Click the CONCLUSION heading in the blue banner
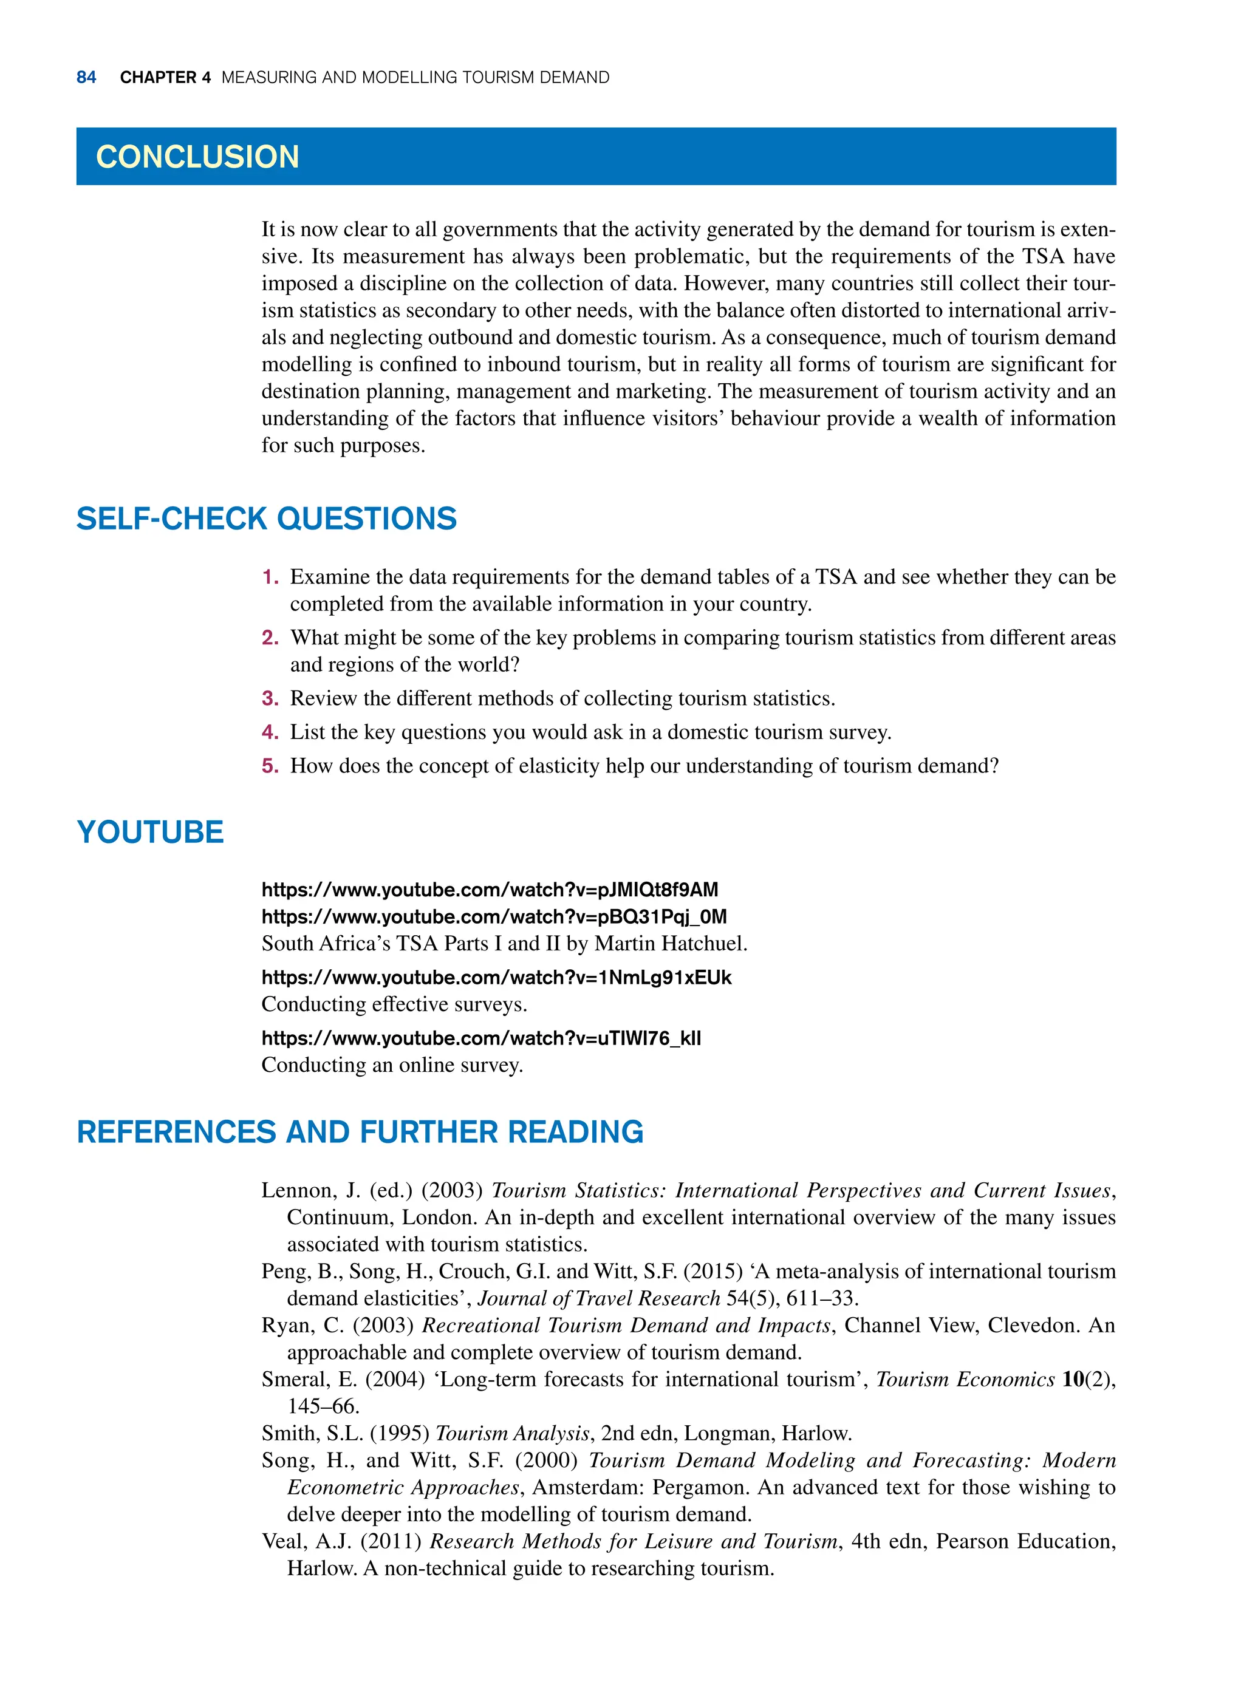tap(197, 157)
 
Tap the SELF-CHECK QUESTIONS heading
tap(267, 519)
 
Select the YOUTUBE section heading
tap(150, 832)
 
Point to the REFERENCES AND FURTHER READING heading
tap(360, 1132)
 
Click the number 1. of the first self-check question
tap(270, 578)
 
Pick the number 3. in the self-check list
tap(270, 698)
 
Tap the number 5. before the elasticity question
tap(270, 766)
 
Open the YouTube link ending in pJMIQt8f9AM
tap(490, 890)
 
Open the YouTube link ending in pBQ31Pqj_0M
tap(494, 917)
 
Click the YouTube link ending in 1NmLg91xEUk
tap(496, 978)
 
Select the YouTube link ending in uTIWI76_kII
tap(481, 1039)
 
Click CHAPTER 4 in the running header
tap(165, 78)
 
